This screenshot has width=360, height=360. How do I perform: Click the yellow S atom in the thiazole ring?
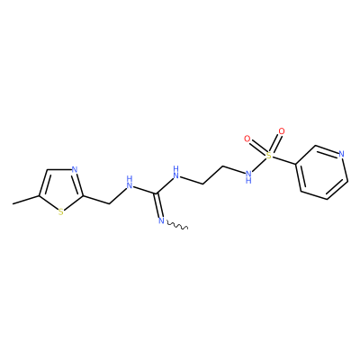(61, 212)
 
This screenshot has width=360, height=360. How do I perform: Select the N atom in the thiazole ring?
(75, 170)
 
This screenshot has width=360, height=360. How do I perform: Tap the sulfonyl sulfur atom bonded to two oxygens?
(269, 155)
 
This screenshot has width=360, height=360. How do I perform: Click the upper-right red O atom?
(281, 131)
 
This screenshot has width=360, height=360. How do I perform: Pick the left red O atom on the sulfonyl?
(247, 139)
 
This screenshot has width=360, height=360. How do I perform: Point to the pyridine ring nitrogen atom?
(341, 154)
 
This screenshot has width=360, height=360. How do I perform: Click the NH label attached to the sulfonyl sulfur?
(248, 177)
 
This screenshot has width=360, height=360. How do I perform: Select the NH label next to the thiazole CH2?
(130, 183)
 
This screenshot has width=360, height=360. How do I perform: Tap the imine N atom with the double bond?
(161, 221)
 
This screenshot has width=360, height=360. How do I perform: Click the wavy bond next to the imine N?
(177, 226)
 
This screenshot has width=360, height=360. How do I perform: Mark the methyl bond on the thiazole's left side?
(26, 200)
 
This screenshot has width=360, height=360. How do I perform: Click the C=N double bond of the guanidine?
(158, 204)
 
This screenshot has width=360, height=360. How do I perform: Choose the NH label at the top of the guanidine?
(176, 172)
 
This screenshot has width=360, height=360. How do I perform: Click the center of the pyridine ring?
(321, 173)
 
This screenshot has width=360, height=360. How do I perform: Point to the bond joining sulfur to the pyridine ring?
(284, 160)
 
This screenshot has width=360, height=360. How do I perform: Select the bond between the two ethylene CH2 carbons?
(212, 175)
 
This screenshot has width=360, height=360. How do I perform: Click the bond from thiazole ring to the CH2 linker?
(95, 200)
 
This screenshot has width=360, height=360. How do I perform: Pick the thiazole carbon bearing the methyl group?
(39, 196)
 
